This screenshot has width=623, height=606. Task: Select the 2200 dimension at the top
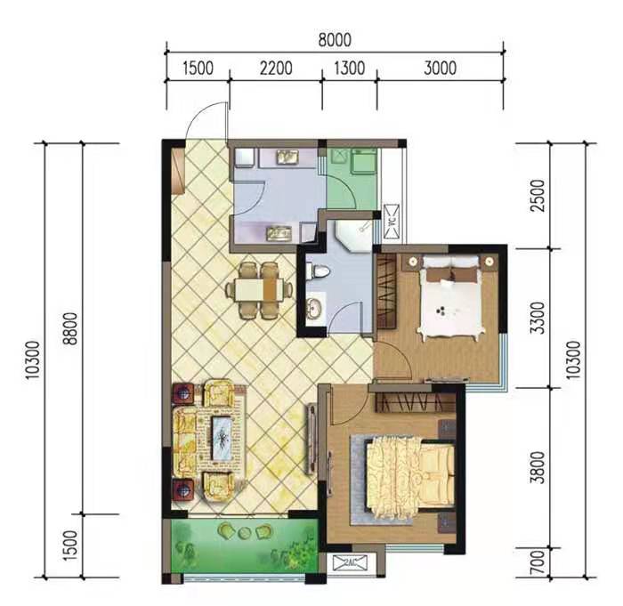(275, 68)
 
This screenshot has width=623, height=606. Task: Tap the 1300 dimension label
(349, 68)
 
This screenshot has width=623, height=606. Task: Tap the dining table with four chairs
(260, 289)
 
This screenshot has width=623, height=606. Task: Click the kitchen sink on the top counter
(287, 158)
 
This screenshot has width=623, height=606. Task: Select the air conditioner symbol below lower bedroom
(350, 563)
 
